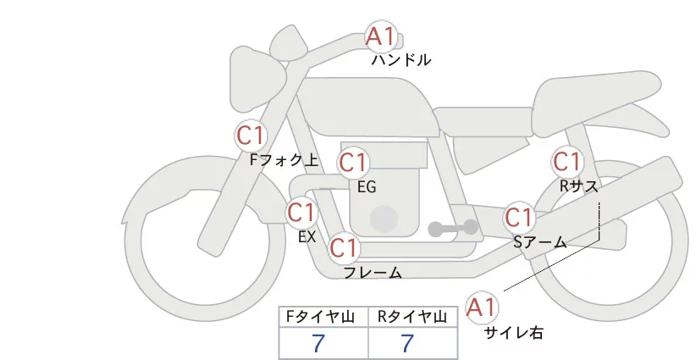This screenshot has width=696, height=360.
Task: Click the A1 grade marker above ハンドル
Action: (x=381, y=36)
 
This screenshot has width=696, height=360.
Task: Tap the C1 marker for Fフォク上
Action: (x=251, y=135)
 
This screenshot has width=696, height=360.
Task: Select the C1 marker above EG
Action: (x=354, y=162)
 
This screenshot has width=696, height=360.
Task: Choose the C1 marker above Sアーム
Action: (x=519, y=217)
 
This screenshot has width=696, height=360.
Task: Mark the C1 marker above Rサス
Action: (x=566, y=161)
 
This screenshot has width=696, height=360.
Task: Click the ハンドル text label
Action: (x=401, y=60)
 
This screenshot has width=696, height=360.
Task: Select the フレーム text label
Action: (x=373, y=272)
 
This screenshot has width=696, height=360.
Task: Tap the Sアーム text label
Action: (x=540, y=241)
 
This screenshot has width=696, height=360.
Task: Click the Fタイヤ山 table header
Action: (x=324, y=317)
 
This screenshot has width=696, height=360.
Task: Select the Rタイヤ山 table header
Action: (x=413, y=317)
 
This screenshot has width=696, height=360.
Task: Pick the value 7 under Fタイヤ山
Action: (x=318, y=343)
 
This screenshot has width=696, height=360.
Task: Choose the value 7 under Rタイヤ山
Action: (x=408, y=343)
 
